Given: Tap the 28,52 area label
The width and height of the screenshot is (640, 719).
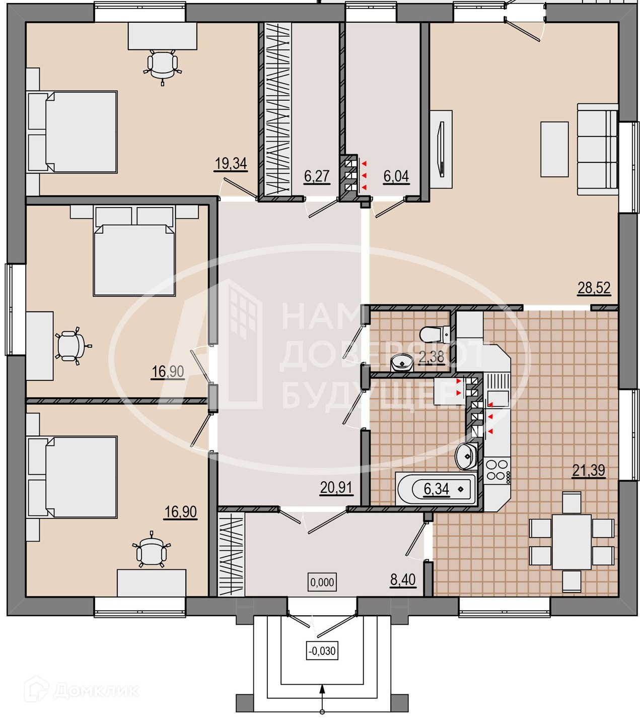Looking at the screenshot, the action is pos(594,288).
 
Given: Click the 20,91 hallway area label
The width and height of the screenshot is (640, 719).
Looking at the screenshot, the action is pos(336,487).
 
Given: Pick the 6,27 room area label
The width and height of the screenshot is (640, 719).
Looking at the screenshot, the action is pos(316,176).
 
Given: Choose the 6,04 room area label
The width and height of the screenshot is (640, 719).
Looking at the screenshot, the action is pos(396,176).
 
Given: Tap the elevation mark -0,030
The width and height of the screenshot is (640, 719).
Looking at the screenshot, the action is pos(321,650).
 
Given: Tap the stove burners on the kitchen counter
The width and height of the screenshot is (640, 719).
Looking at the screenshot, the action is pos(497,470).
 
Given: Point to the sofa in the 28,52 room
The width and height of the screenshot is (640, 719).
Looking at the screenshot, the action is pos(598,149).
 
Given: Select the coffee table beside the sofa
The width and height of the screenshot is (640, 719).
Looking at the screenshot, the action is pos(554,149).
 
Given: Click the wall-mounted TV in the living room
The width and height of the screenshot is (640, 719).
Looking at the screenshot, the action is pos(442,149).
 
